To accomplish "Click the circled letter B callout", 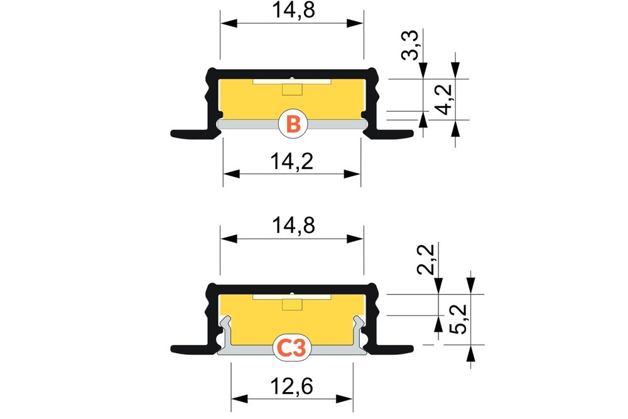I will tap(292, 124).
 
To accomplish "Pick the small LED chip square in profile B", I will tap(291, 89).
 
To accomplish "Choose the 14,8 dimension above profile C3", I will tap(291, 224).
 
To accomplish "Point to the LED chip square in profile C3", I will tap(291, 305).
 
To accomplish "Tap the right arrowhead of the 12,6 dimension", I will tap(349, 398).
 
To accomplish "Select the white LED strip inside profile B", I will tap(291, 82).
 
